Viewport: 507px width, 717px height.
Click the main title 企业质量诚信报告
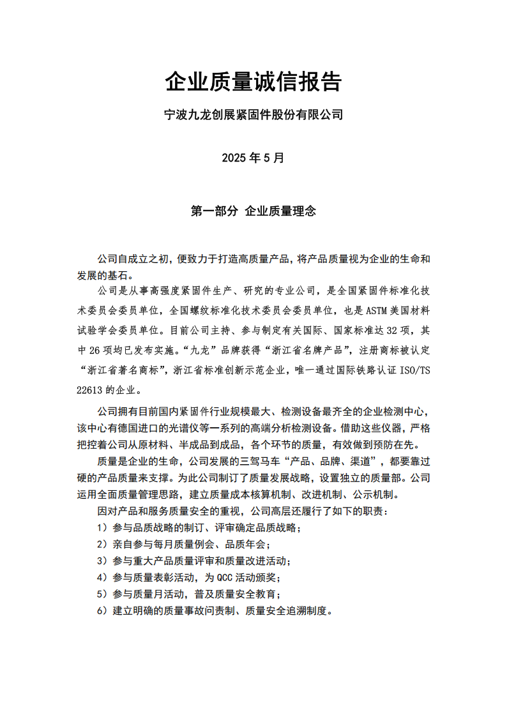253,82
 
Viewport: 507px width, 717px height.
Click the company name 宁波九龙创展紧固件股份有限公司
253,116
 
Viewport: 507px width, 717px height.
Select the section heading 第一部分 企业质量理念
253,211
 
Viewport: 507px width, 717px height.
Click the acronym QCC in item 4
228,577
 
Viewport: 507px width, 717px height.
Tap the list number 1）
102,528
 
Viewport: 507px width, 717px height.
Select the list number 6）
102,610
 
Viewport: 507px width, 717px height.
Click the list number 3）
102,561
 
